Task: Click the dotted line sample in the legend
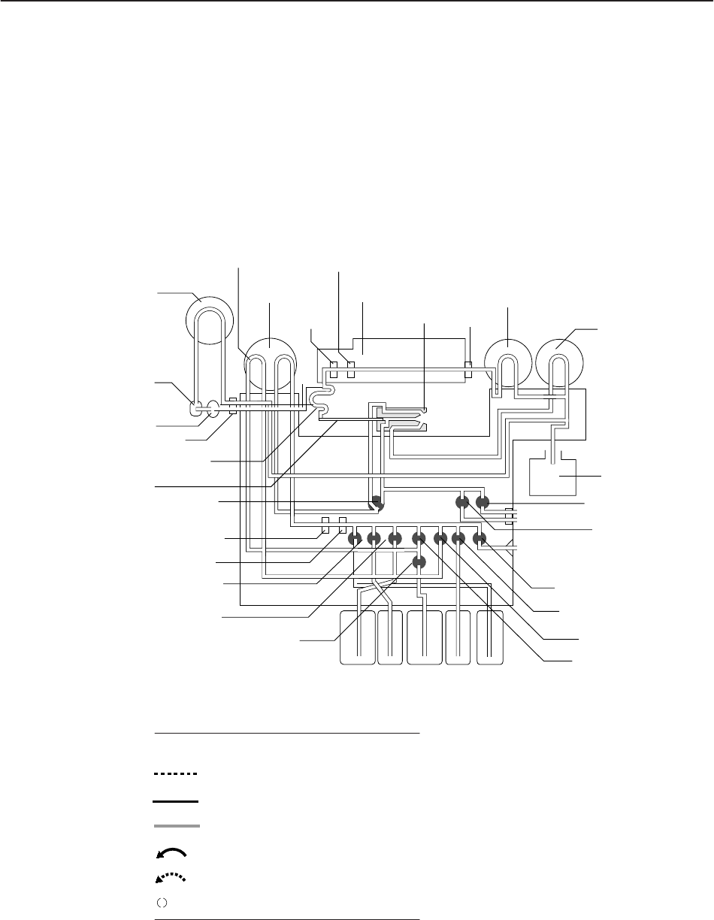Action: coord(174,773)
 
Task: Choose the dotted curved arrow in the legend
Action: coord(171,876)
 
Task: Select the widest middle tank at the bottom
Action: coord(425,637)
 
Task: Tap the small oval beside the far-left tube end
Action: coord(212,410)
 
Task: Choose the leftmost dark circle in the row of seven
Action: coord(354,538)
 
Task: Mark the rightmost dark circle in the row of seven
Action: coord(479,538)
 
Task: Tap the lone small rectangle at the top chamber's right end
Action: coord(467,369)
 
